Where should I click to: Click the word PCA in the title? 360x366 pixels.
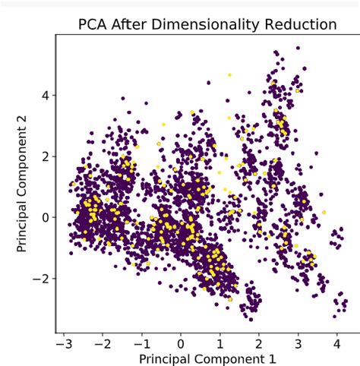[93, 24]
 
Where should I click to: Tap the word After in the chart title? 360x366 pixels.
[134, 24]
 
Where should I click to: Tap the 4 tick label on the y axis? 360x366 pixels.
[45, 96]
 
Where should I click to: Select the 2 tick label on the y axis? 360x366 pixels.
[45, 156]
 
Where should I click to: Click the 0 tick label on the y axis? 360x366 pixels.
[45, 217]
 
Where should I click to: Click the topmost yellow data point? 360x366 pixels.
[229, 75]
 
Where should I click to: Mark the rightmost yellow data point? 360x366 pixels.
[324, 212]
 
